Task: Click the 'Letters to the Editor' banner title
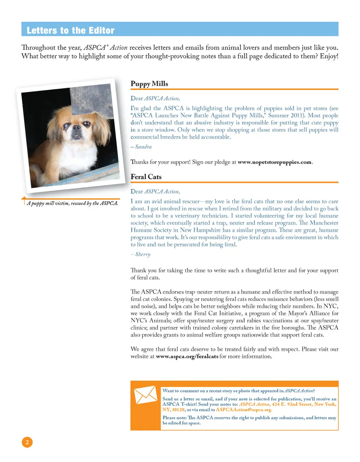(x=70, y=30)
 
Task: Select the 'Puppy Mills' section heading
(x=149, y=84)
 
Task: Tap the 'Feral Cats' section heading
(x=146, y=176)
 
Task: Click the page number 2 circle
(x=27, y=442)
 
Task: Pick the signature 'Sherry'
(x=142, y=254)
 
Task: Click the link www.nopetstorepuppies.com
(x=274, y=162)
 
